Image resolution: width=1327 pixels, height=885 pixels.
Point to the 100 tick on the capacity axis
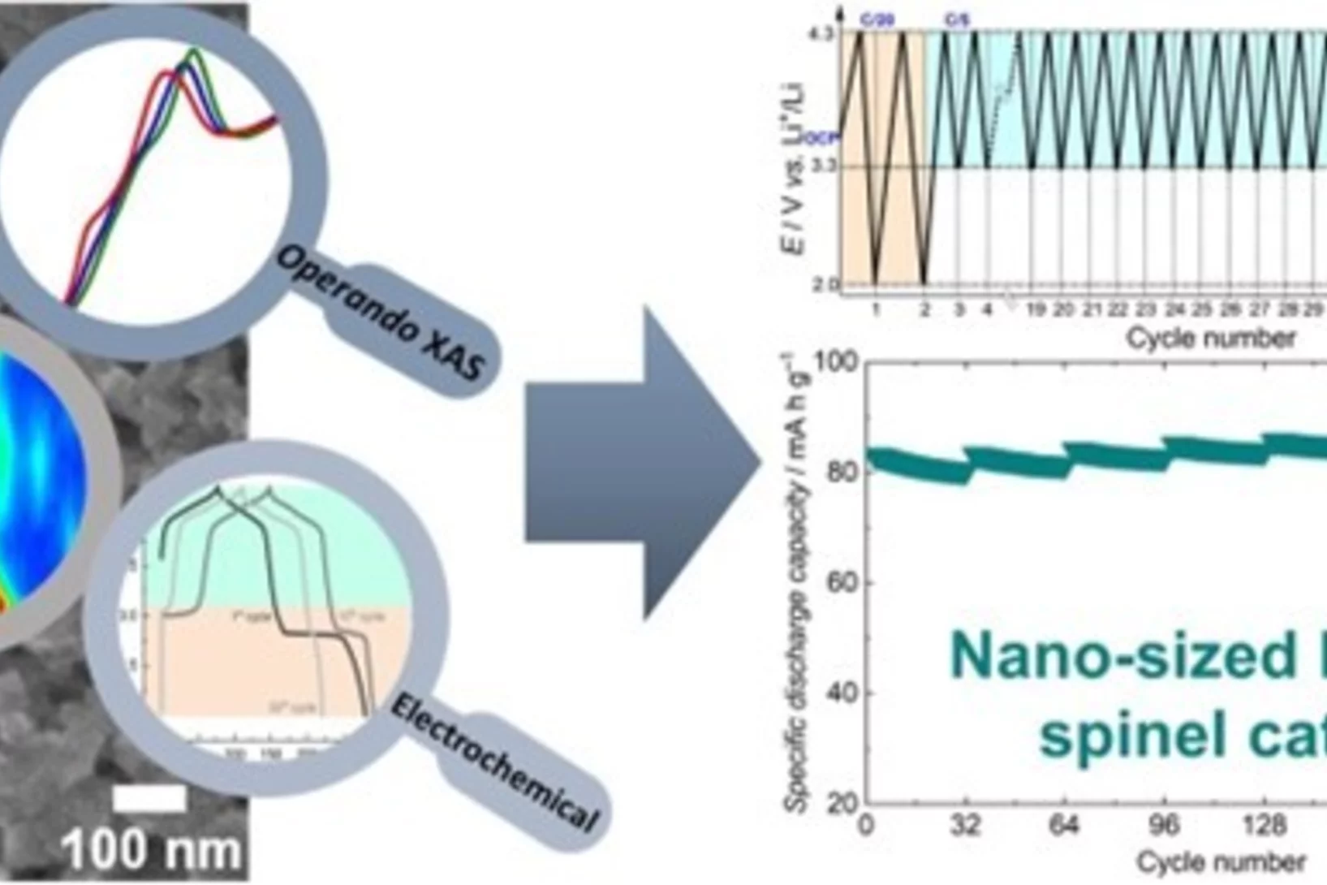coord(835,361)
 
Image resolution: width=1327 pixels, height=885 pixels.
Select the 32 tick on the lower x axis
coord(965,826)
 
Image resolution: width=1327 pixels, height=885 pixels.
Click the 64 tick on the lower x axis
coord(1064,826)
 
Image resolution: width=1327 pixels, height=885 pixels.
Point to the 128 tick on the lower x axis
coord(1264,826)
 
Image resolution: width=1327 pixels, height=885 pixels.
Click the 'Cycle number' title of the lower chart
coord(1221,861)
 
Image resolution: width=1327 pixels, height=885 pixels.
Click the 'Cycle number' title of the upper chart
coord(1210,338)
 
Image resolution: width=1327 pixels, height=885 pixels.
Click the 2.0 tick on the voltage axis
coord(826,284)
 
